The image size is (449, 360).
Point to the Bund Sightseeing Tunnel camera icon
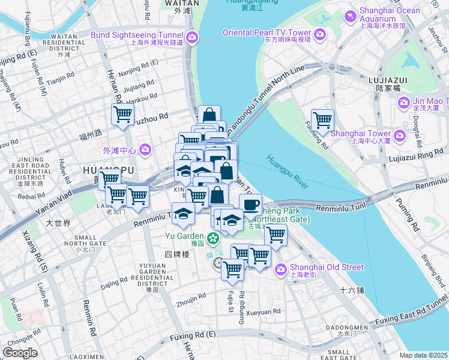(x=192, y=38)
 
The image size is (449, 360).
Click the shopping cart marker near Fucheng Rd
(x=322, y=121)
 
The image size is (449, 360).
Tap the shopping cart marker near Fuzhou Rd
(x=122, y=115)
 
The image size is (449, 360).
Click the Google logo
(x=20, y=353)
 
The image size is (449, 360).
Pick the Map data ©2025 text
(x=423, y=355)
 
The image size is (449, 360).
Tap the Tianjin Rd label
(x=60, y=79)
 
